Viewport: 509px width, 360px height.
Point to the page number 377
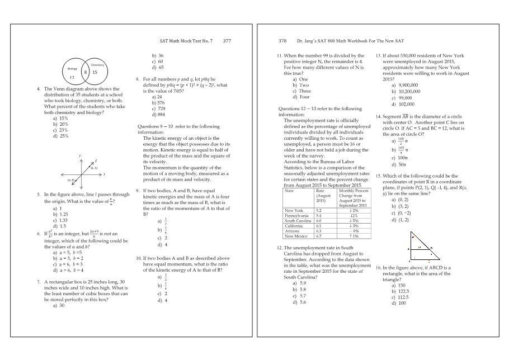(x=227, y=41)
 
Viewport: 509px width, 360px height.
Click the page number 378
(x=282, y=41)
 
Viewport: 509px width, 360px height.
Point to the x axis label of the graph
(x=104, y=174)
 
